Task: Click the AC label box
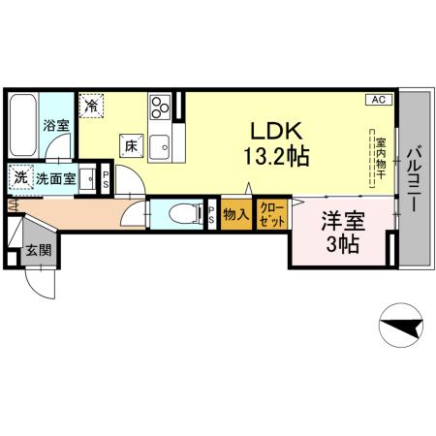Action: coord(379,100)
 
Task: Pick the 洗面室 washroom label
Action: coord(55,177)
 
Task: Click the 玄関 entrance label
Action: coord(38,251)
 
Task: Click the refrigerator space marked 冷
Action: coord(92,106)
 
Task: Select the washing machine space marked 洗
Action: coord(20,177)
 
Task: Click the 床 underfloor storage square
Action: coord(132,145)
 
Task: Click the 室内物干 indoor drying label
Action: coord(381,154)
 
